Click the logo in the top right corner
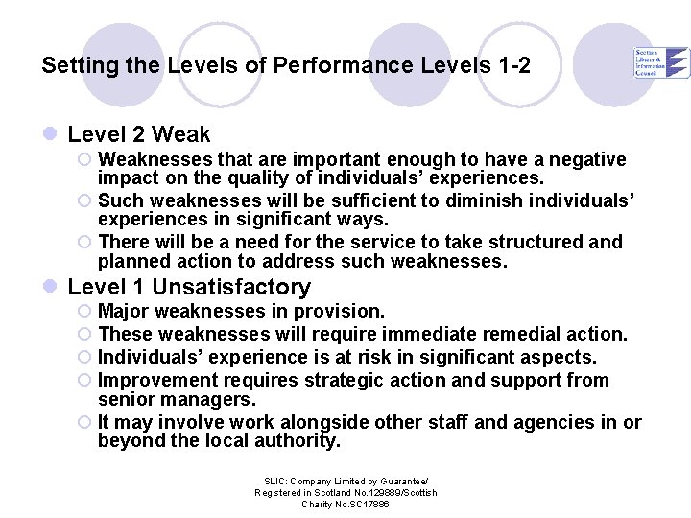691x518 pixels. (x=661, y=61)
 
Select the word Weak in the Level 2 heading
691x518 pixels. (x=180, y=134)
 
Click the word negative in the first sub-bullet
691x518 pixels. (x=589, y=159)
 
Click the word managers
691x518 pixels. (x=209, y=399)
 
